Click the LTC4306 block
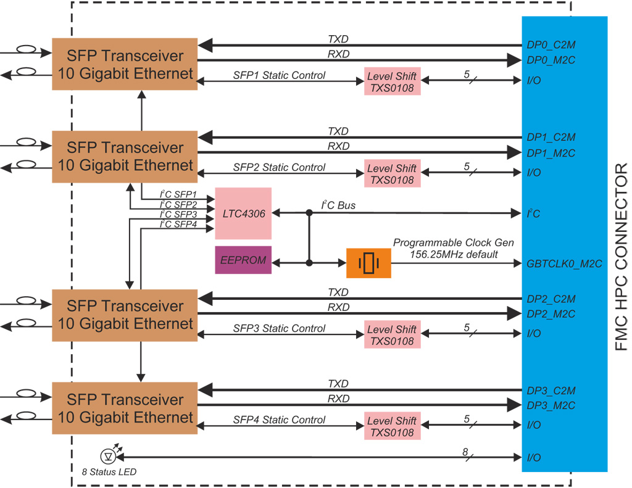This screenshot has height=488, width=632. (243, 213)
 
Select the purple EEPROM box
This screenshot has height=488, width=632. (243, 260)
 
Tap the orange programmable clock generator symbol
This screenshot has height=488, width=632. (368, 263)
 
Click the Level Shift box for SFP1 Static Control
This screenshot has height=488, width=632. (392, 81)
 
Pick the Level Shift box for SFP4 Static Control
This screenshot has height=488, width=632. (392, 426)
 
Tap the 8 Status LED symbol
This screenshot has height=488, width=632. (109, 457)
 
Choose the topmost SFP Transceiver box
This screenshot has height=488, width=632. (125, 64)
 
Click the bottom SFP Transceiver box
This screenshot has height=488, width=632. (125, 408)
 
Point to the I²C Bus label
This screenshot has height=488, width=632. (338, 205)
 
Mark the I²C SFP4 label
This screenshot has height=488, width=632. (178, 224)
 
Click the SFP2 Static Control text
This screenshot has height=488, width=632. (279, 167)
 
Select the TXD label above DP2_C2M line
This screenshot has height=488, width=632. (338, 292)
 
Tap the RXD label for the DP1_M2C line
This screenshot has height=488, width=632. (338, 146)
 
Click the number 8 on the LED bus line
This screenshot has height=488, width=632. (465, 452)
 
